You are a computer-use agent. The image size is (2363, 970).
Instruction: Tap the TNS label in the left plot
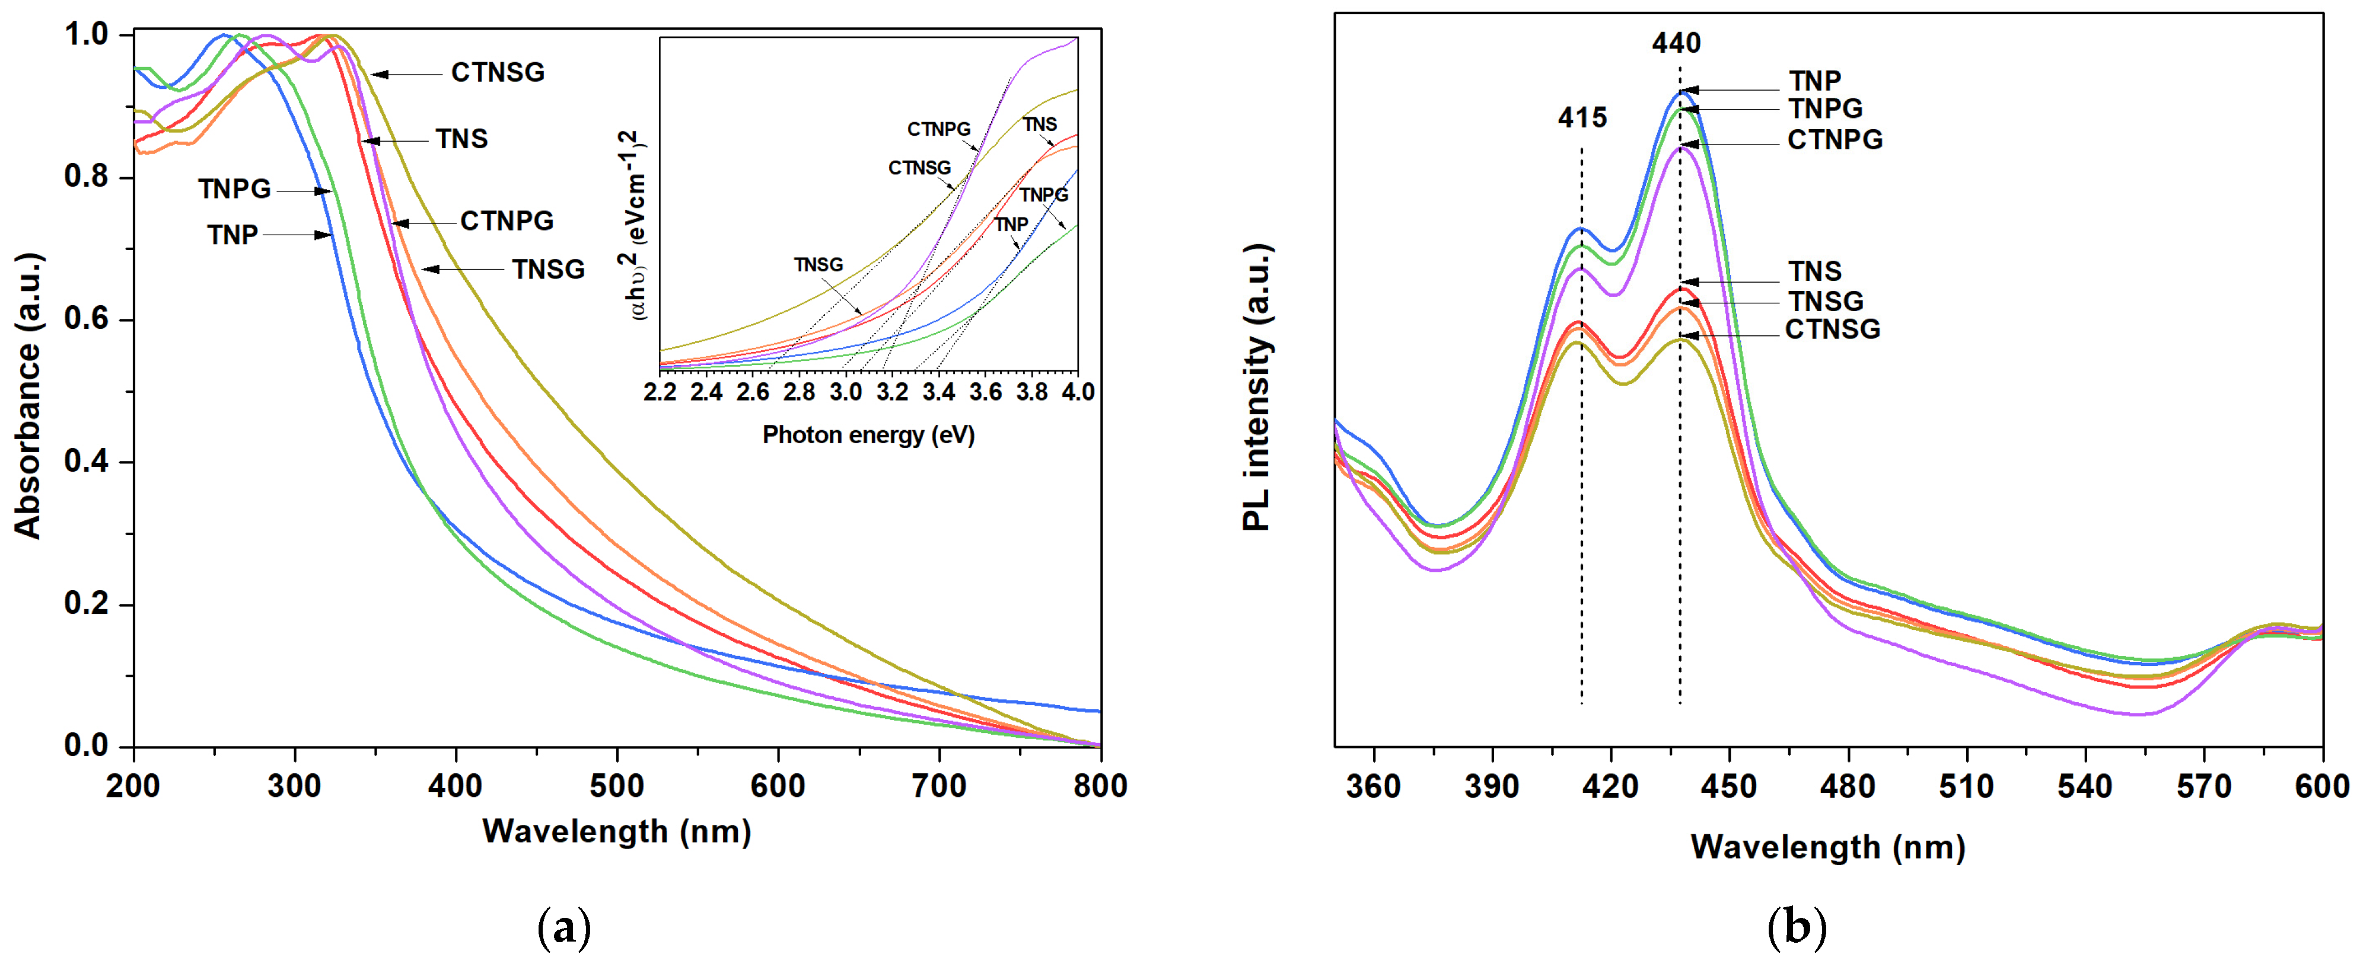click(461, 139)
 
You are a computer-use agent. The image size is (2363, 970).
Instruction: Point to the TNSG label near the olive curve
click(547, 270)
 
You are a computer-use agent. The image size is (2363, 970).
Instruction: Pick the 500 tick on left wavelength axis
click(616, 786)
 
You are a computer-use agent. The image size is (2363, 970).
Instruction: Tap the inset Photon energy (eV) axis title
click(868, 434)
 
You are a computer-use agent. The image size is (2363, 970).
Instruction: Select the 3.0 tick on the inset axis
click(845, 392)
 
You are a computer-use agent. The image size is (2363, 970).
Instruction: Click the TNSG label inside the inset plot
click(817, 265)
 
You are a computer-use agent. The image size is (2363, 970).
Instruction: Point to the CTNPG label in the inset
click(938, 129)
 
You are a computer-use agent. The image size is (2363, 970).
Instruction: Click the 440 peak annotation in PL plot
click(1676, 43)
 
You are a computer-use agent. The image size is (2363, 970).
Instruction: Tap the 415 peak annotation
click(1581, 117)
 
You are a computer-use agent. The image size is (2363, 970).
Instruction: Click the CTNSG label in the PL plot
click(1832, 329)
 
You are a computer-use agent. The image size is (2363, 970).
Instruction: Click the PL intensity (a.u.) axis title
click(1257, 388)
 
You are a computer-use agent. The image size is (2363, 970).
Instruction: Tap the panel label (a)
click(563, 928)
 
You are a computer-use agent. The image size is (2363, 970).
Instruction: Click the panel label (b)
click(1796, 928)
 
